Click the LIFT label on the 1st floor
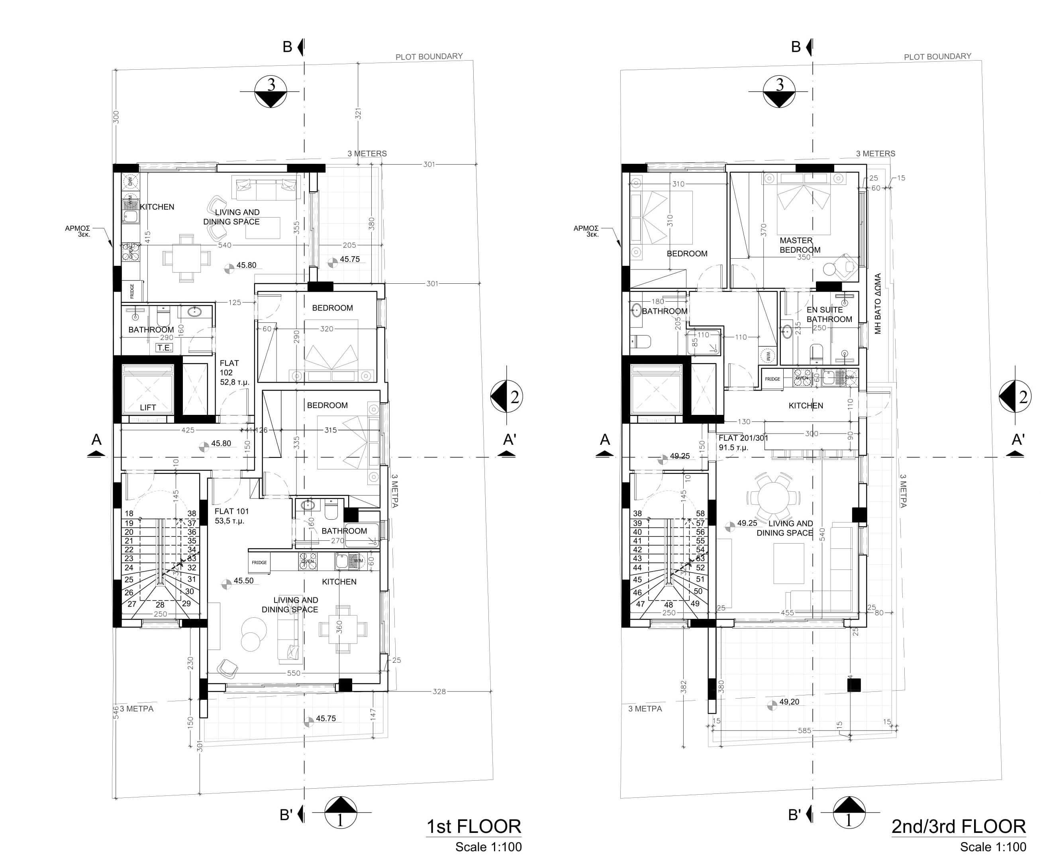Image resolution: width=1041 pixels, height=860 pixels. (147, 407)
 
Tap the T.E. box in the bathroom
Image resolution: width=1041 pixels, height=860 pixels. (164, 348)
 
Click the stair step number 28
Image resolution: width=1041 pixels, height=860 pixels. (160, 605)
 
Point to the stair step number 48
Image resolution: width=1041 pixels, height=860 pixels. (669, 605)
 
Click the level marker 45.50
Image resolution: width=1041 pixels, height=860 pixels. (243, 581)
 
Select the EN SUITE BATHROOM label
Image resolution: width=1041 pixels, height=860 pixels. (829, 314)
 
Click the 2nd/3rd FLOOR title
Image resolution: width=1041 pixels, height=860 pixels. (958, 826)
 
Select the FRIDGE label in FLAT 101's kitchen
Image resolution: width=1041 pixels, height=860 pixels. (259, 562)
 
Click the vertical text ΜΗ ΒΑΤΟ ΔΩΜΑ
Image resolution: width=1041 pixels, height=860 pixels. (878, 304)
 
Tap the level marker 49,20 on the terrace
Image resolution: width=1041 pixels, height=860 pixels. (789, 702)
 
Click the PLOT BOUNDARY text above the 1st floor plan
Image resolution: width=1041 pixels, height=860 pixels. (429, 57)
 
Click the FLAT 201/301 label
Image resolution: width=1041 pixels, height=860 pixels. (743, 442)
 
